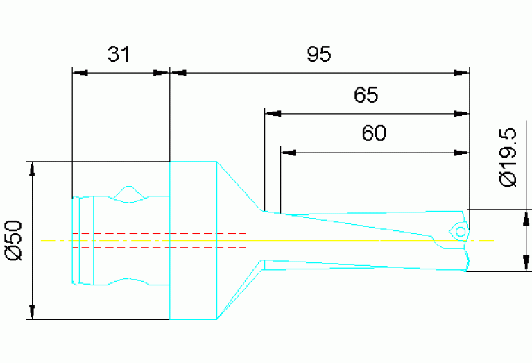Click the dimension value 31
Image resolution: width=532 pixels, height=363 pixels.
click(119, 54)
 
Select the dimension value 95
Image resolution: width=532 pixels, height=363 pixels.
click(319, 54)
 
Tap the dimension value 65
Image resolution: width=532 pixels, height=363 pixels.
click(366, 94)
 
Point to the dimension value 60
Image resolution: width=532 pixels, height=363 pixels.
click(374, 133)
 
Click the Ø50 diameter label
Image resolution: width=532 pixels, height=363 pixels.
click(15, 240)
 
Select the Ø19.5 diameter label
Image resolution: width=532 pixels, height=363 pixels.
click(508, 158)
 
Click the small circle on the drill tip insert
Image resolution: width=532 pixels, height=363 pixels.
click(461, 232)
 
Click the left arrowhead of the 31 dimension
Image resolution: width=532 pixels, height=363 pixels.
click(80, 73)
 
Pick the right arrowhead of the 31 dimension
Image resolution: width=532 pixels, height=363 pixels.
click(161, 73)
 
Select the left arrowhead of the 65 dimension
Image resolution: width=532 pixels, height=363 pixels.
click(273, 114)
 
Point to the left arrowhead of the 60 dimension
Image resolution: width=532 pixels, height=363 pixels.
click(289, 153)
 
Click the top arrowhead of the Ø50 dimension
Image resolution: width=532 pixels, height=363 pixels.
click(32, 169)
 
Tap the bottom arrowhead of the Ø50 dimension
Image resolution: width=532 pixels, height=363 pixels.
click(32, 312)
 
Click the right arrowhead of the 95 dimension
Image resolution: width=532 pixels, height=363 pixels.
click(461, 73)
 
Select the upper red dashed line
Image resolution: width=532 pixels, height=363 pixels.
click(159, 234)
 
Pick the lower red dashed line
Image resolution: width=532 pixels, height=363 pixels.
click(159, 248)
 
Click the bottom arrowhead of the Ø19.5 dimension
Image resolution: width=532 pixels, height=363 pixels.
click(526, 264)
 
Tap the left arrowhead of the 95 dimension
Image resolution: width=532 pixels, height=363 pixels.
click(178, 73)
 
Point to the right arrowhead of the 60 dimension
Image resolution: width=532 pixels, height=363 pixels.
click(461, 153)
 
